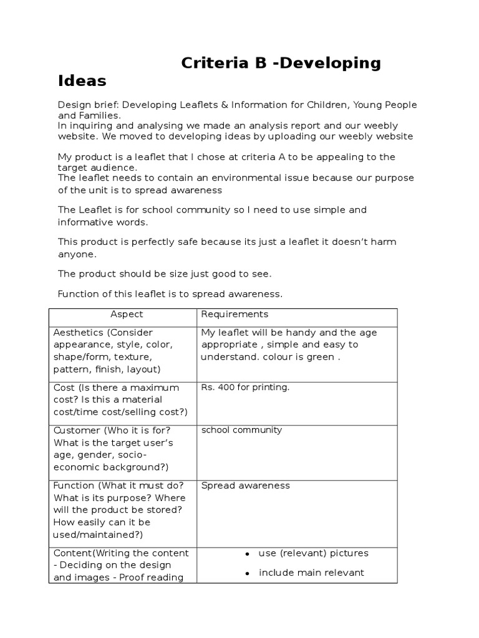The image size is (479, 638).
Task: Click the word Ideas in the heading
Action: (x=82, y=81)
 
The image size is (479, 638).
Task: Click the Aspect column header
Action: (x=127, y=315)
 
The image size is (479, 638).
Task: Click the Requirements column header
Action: (x=235, y=315)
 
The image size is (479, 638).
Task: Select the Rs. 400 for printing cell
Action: (x=245, y=388)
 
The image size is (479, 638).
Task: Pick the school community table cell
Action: (x=241, y=430)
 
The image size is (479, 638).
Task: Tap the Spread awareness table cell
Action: (x=245, y=486)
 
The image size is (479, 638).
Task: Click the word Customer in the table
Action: (x=77, y=431)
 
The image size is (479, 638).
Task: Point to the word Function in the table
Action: (x=74, y=486)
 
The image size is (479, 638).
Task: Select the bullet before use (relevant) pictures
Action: (x=248, y=554)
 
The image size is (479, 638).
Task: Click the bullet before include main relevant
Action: (x=248, y=573)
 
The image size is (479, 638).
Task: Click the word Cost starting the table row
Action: (x=64, y=388)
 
